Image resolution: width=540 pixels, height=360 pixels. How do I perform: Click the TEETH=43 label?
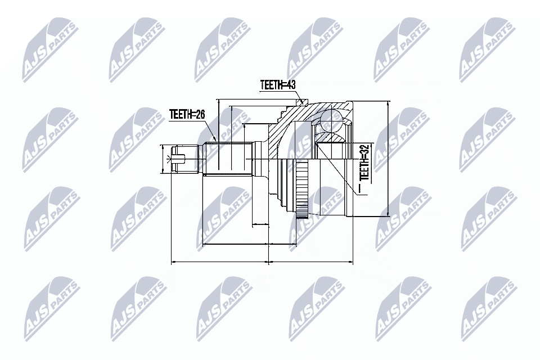pos(277,85)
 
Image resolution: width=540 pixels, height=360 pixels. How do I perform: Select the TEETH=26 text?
pos(187,115)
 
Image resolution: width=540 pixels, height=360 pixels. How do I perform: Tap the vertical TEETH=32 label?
pos(364,163)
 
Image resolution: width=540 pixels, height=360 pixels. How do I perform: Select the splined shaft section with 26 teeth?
pos(228,159)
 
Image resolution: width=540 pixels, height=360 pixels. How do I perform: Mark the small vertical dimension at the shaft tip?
pos(163,159)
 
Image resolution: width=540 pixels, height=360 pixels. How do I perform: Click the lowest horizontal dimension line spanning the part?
pos(262,262)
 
